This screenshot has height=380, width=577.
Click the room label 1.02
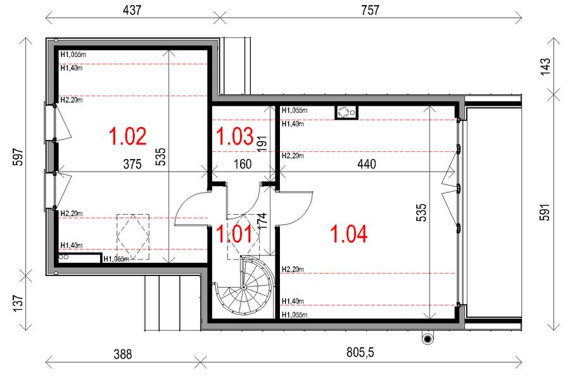pyautogui.click(x=128, y=136)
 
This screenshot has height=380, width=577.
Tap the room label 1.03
pyautogui.click(x=234, y=136)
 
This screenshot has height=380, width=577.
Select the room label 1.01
pyautogui.click(x=234, y=234)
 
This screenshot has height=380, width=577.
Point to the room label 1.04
pyautogui.click(x=348, y=234)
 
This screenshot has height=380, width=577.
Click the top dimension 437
pyautogui.click(x=131, y=10)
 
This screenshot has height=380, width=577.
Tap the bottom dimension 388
pyautogui.click(x=122, y=354)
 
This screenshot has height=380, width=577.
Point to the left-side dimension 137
pyautogui.click(x=17, y=303)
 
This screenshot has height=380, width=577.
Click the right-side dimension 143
pyautogui.click(x=547, y=67)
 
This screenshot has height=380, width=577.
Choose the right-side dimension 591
pyautogui.click(x=547, y=212)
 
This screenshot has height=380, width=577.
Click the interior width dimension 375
pyautogui.click(x=132, y=164)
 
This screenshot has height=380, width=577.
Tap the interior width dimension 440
pyautogui.click(x=367, y=164)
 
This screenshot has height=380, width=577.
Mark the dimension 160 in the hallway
pyautogui.click(x=243, y=164)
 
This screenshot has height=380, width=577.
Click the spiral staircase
pyautogui.click(x=243, y=288)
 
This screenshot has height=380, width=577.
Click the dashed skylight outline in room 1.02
pyautogui.click(x=132, y=236)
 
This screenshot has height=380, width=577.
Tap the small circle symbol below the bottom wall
pyautogui.click(x=428, y=339)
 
